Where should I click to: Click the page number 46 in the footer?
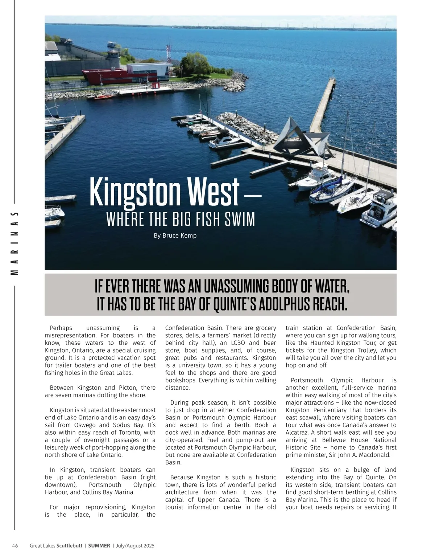(x=15, y=546)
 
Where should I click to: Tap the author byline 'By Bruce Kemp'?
(x=175, y=236)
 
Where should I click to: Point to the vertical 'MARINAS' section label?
(x=15, y=243)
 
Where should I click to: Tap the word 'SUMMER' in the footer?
(x=99, y=546)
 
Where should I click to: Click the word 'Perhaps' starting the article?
(x=61, y=328)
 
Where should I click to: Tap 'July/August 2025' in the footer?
(x=135, y=546)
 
